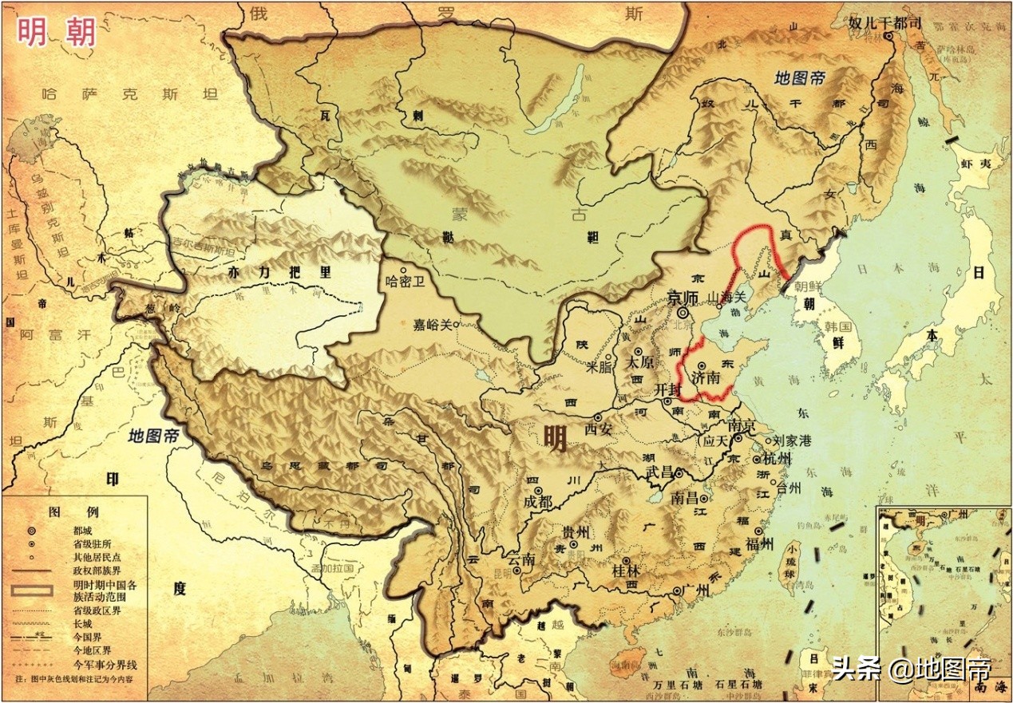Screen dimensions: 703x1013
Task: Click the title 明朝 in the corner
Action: click(x=57, y=33)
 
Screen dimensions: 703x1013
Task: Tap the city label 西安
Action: click(x=603, y=429)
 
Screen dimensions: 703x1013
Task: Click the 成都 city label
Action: click(x=538, y=502)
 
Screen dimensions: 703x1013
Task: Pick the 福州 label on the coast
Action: click(x=758, y=544)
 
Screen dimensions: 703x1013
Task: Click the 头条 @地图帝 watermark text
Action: click(x=910, y=668)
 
